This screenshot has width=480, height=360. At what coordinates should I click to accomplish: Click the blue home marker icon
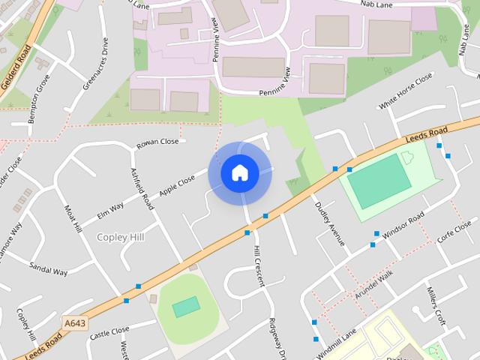(x=240, y=173)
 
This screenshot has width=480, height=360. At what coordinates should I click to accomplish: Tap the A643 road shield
(x=73, y=323)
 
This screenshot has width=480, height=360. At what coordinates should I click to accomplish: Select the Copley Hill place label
(x=120, y=237)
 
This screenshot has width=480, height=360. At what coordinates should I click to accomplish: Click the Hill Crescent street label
(x=259, y=265)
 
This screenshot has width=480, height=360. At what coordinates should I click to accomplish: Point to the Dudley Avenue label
(x=329, y=223)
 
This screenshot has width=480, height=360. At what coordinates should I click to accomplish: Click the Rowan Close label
(x=157, y=142)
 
